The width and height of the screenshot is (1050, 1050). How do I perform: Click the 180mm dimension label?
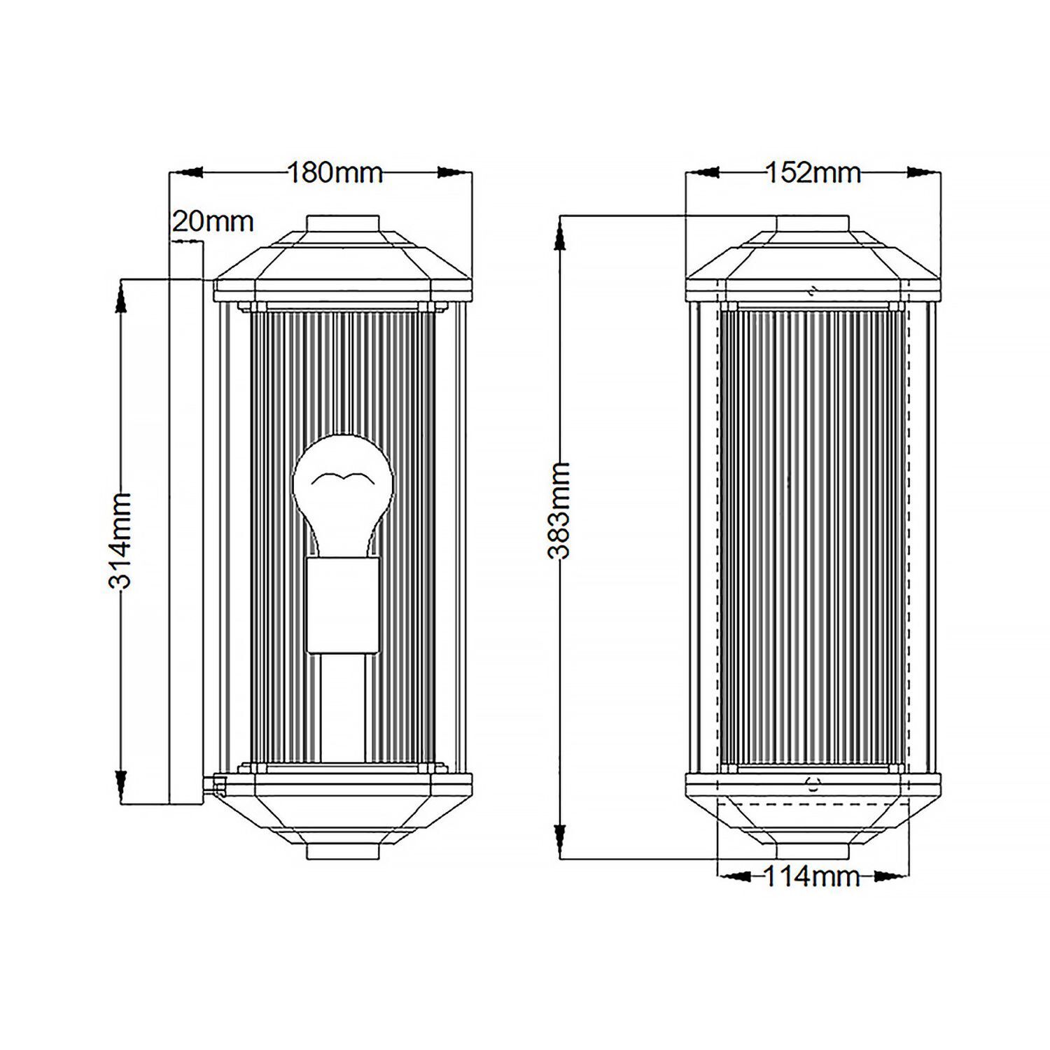tap(335, 172)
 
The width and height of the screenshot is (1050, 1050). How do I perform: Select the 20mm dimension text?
tap(212, 222)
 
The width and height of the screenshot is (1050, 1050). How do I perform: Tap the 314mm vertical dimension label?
tap(120, 540)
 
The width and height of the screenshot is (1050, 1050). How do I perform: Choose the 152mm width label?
tap(813, 172)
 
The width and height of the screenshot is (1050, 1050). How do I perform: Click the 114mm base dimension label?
tap(811, 876)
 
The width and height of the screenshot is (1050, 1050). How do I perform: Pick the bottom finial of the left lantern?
tap(343, 850)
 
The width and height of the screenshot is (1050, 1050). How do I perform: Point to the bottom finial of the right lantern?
tap(813, 850)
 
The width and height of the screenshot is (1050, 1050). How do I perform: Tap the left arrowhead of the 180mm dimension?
tap(188, 172)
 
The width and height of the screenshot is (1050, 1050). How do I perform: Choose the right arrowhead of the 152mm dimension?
tap(923, 172)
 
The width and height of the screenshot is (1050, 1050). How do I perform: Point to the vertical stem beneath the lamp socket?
tap(343, 707)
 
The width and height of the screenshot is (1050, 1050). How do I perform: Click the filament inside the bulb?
tap(343, 479)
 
